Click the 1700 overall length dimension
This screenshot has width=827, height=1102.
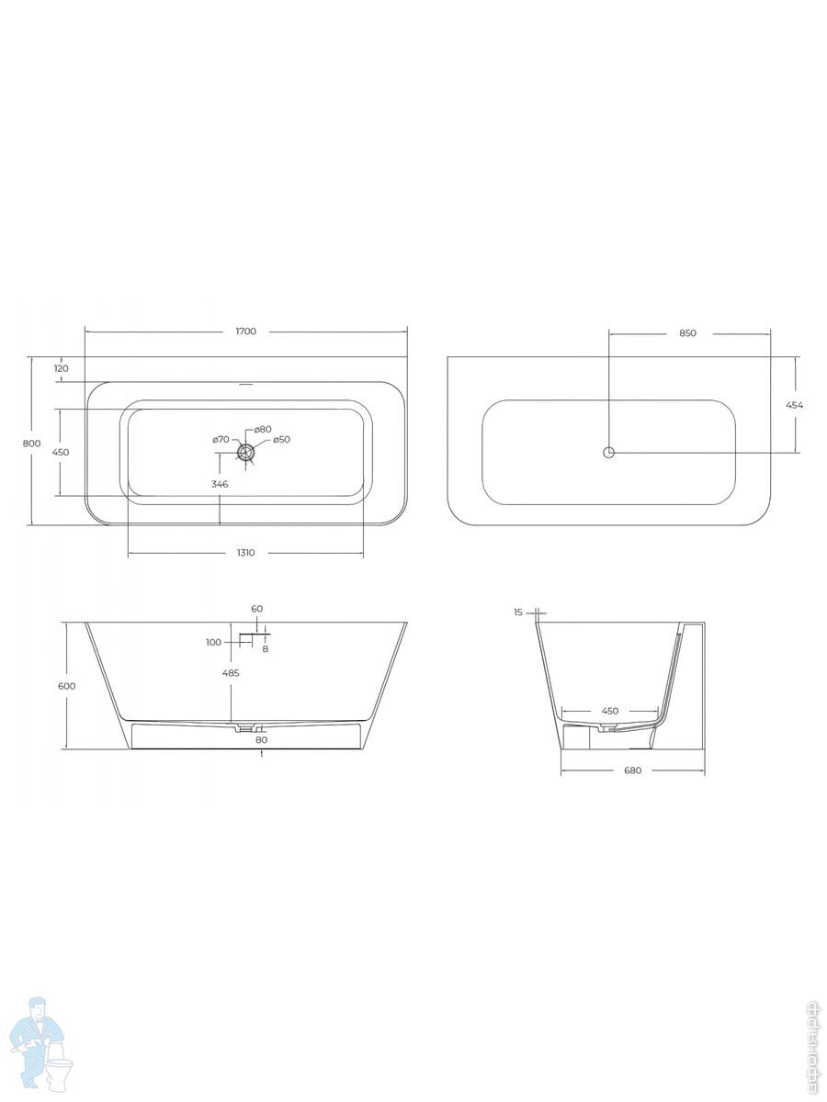[246, 332]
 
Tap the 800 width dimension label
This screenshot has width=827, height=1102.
[31, 444]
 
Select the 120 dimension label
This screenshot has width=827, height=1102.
[61, 368]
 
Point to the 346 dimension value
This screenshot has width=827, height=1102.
[220, 484]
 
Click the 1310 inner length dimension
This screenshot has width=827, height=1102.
[245, 553]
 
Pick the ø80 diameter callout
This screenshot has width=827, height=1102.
[263, 429]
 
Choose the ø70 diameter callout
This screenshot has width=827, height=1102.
[221, 439]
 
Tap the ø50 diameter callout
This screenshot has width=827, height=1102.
[282, 439]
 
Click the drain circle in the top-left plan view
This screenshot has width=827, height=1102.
[246, 453]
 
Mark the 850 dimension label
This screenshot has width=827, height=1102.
[687, 332]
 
